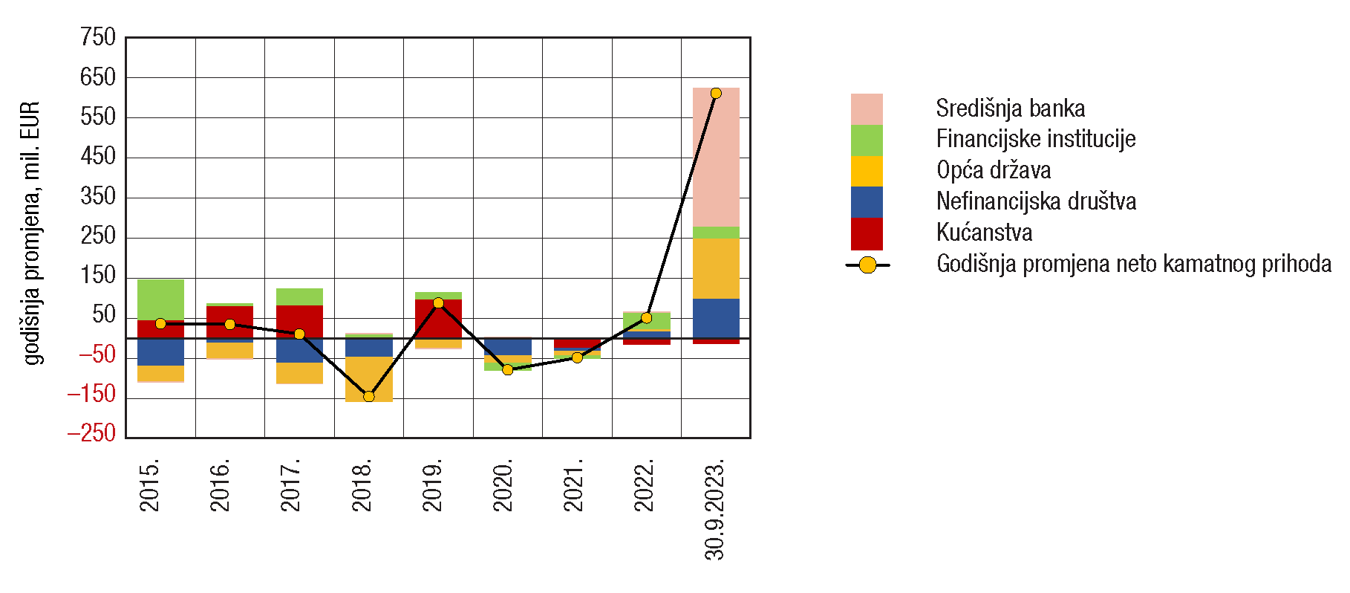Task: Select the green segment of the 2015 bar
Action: [160, 299]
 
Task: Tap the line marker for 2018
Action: [369, 396]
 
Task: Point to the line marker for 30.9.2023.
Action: [716, 94]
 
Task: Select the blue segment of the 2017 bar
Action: [299, 350]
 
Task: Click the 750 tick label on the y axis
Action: [99, 37]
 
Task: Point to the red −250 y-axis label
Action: [92, 433]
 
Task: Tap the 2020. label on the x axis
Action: [503, 486]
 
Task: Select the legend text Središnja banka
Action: [1010, 108]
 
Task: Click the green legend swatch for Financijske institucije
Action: [867, 140]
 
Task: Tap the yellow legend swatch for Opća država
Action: [867, 171]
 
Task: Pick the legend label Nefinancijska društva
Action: [1036, 201]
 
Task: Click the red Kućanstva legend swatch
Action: [867, 233]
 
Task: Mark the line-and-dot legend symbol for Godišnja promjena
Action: [867, 265]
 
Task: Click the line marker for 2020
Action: [508, 369]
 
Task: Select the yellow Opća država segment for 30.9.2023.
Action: [716, 268]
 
